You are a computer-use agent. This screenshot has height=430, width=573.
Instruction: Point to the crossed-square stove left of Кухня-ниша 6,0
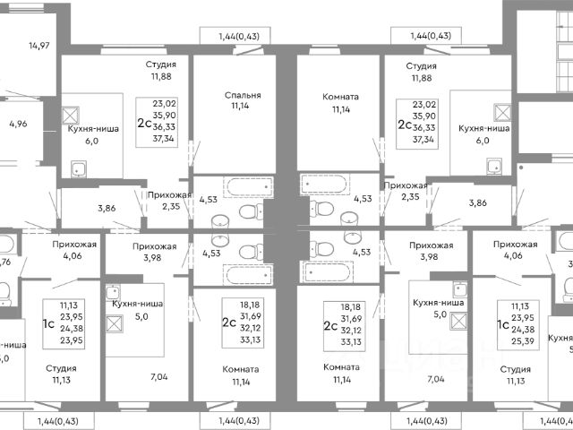(73, 114)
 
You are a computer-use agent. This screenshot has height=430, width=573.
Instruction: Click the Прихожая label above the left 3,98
(154, 245)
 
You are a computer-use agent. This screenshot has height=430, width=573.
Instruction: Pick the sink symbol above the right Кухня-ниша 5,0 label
(460, 289)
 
